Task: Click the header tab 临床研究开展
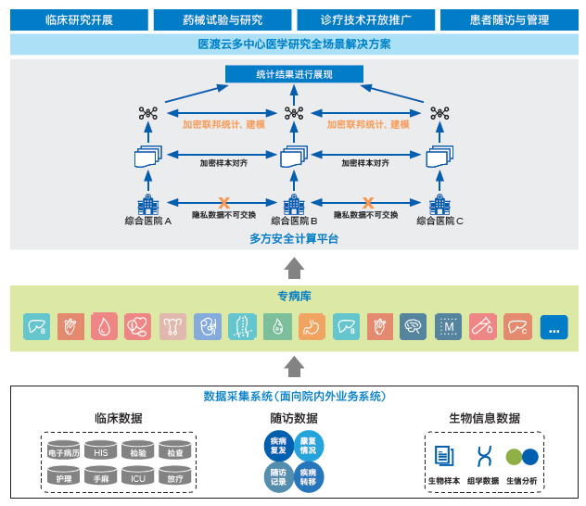(79, 19)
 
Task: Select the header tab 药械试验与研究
(221, 19)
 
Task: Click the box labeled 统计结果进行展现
(293, 74)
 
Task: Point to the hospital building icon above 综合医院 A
(147, 203)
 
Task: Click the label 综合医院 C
(439, 221)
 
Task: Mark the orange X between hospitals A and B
(223, 202)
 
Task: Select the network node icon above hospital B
(293, 113)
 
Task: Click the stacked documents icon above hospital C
(439, 157)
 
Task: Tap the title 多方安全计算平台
(293, 239)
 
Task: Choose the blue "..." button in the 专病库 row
(554, 326)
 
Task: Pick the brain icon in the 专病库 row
(413, 326)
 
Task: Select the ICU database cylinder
(137, 476)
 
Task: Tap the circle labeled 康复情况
(309, 447)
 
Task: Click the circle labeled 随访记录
(278, 474)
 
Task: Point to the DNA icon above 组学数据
(482, 456)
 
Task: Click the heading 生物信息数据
(484, 418)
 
